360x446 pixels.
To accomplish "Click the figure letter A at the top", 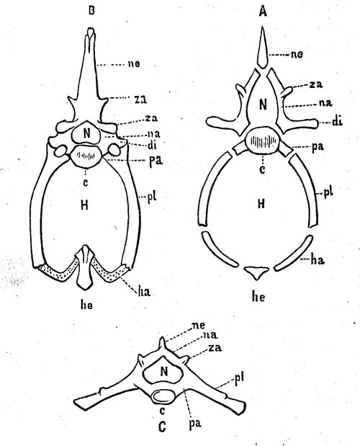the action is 263,12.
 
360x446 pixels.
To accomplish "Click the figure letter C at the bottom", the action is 162,427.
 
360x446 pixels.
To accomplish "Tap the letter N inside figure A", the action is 263,104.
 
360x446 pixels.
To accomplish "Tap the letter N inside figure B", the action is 87,133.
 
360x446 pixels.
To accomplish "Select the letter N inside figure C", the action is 163,371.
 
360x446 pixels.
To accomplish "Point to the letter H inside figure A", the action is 261,204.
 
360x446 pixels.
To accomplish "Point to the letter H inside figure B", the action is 84,205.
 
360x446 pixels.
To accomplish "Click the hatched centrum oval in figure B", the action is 86,156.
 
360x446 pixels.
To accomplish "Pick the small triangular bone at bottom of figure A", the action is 257,272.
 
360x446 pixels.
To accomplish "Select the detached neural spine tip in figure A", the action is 263,48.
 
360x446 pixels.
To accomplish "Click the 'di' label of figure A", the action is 337,122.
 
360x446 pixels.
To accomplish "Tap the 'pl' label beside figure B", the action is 152,196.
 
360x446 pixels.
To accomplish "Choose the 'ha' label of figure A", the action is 317,259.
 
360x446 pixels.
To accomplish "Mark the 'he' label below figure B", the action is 86,305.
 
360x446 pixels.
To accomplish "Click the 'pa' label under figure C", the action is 194,423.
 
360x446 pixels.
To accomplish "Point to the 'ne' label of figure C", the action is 198,325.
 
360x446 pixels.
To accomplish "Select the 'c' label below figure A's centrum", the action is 262,169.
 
